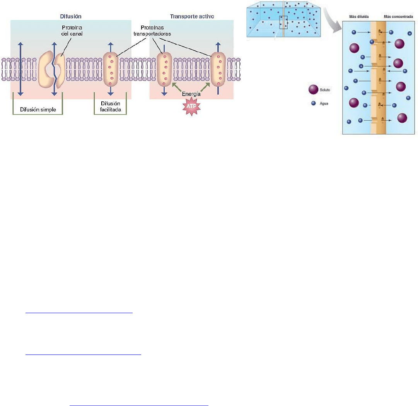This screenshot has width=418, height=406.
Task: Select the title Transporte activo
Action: pos(192,17)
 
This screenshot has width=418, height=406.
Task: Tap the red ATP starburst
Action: pos(191,106)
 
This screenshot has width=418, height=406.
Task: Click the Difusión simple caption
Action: pos(38,110)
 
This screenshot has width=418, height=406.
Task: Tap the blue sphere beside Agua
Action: pos(314,103)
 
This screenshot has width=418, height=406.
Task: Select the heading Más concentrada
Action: pos(398,17)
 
